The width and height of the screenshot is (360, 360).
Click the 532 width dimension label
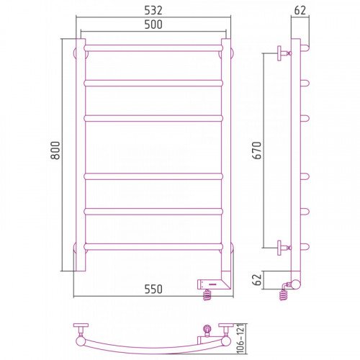(153, 10)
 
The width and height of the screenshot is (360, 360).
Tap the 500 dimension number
(153, 24)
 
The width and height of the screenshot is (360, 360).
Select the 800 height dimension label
(55, 150)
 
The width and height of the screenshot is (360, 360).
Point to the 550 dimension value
(153, 289)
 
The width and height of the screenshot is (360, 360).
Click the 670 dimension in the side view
(257, 150)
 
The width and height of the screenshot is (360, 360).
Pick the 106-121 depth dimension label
(240, 338)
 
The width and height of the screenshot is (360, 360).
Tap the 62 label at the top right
(300, 10)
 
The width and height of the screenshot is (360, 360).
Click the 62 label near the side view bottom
(257, 279)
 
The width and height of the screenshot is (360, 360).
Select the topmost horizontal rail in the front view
(153, 48)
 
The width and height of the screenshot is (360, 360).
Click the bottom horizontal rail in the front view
(153, 247)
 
